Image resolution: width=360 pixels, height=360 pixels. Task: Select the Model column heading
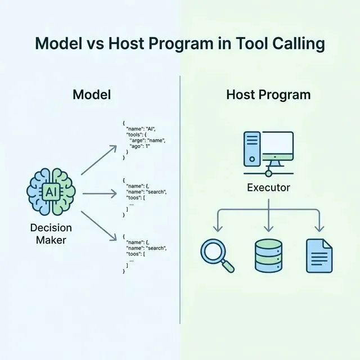tap(92, 94)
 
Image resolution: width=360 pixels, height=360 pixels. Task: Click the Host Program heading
tap(268, 94)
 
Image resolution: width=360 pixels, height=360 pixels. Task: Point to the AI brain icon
tap(51, 192)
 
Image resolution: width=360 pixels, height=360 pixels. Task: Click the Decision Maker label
tap(51, 233)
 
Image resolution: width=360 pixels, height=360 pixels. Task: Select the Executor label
tap(269, 187)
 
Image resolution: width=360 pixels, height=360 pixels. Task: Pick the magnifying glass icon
tap(217, 255)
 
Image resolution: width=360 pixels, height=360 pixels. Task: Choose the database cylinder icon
tap(269, 254)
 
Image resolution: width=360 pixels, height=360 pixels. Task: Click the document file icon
tap(319, 254)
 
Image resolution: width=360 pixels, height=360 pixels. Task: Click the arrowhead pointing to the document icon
tap(319, 228)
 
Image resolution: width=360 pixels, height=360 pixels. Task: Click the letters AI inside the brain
tap(51, 192)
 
